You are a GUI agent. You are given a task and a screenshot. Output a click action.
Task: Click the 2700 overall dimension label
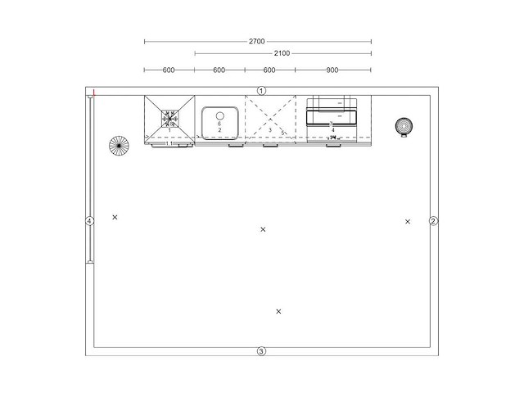[258, 40]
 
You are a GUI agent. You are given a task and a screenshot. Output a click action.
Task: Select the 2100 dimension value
[282, 53]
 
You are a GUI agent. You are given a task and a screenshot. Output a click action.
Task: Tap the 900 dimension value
[332, 70]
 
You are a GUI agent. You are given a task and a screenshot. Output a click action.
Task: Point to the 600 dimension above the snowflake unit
[169, 70]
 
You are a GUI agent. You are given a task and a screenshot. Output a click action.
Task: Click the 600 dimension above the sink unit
[219, 70]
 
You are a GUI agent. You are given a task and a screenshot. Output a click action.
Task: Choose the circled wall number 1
[261, 90]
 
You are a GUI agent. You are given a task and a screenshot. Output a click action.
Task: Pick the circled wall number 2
[434, 221]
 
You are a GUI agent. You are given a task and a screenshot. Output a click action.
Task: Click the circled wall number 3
[261, 351]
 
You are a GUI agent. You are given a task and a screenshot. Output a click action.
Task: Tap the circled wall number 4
[90, 220]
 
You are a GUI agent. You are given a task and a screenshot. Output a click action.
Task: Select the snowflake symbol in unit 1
[170, 116]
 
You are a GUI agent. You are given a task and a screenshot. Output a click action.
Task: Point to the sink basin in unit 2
[220, 123]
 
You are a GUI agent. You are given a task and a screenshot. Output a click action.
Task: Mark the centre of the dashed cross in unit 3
[270, 120]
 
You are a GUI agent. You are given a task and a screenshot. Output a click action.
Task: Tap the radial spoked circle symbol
[119, 147]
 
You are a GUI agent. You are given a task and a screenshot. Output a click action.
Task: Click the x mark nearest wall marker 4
[115, 217]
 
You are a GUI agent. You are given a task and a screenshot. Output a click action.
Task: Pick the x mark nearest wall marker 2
[407, 221]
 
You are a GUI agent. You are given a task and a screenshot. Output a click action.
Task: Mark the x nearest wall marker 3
[278, 311]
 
